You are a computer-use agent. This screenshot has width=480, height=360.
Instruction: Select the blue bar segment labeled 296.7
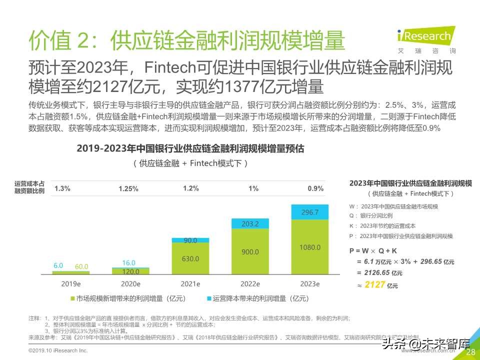[x=310, y=212]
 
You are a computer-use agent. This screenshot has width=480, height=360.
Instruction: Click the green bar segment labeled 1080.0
[x=310, y=247]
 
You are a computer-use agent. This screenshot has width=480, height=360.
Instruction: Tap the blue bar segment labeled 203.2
[x=250, y=223]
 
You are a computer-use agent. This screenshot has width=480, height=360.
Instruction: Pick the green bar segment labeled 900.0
[x=250, y=252]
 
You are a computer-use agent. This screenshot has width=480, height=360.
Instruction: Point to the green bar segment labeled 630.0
[x=190, y=258]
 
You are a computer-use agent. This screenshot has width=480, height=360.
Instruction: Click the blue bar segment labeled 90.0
[x=190, y=240]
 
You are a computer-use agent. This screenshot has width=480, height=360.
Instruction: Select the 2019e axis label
[x=71, y=283]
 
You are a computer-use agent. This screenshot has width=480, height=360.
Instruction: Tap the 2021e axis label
[x=190, y=283]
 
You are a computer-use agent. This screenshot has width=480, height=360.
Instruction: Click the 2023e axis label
[x=310, y=283]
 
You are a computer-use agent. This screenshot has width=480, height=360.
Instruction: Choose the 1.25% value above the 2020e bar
[x=128, y=189]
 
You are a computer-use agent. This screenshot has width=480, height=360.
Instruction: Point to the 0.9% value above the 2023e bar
[x=315, y=188]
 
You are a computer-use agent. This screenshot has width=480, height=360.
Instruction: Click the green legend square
[x=72, y=298]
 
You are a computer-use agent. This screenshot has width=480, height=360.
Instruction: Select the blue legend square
[x=209, y=298]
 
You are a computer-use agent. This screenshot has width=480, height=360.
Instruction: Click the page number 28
[x=470, y=352]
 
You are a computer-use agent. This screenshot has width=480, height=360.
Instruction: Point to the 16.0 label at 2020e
[x=128, y=263]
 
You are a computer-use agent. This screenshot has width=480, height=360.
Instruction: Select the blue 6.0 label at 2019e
[x=58, y=266]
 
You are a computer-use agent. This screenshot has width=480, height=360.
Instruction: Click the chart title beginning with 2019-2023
[x=190, y=148]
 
